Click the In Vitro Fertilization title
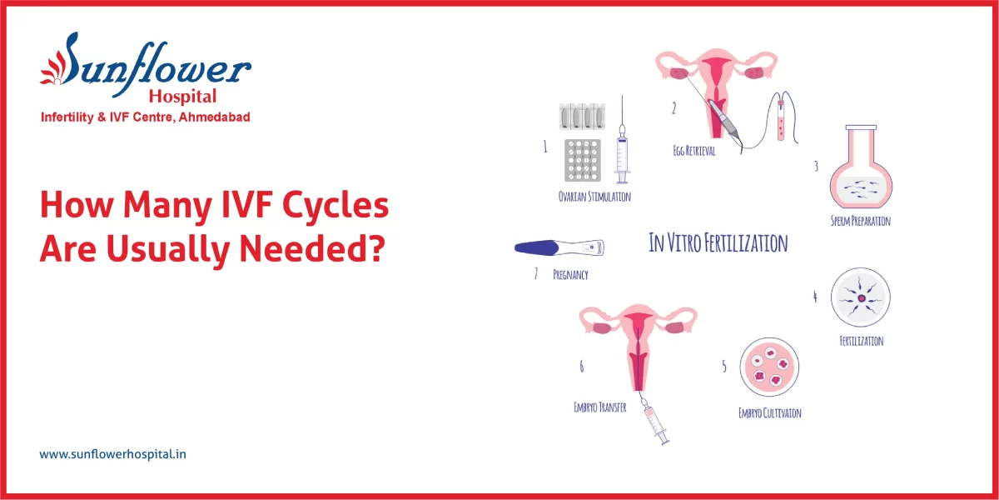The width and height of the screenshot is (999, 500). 718,243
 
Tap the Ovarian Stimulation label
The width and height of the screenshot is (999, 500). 594,197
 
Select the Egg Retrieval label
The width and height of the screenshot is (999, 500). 694,152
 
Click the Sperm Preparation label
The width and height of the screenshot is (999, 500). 861,222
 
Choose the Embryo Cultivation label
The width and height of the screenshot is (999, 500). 769,412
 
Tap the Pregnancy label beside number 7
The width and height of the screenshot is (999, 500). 570,274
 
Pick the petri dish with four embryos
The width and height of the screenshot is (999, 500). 770,369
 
